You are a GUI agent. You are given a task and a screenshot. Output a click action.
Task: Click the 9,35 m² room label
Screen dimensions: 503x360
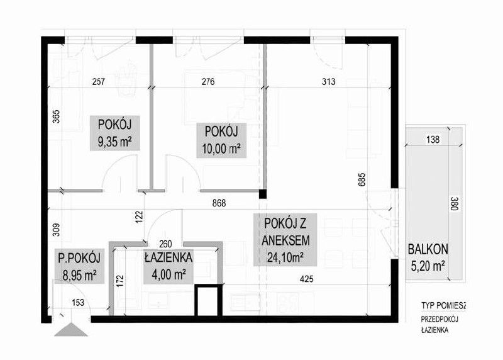(115, 133)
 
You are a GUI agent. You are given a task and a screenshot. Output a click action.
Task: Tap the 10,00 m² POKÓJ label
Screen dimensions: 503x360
(221, 140)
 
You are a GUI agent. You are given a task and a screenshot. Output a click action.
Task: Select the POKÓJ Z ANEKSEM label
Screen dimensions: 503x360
(285, 240)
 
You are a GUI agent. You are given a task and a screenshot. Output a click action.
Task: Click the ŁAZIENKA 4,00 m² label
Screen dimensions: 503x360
(169, 266)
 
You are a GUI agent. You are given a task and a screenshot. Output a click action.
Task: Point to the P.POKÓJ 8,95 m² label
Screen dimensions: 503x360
(79, 266)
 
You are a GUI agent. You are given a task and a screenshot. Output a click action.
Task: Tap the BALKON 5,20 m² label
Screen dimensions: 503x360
(428, 257)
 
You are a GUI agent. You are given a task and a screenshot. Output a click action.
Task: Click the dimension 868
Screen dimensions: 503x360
(219, 203)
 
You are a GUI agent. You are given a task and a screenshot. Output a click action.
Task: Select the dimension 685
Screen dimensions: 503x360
(362, 179)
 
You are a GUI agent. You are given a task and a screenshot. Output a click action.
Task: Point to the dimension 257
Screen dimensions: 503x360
(99, 82)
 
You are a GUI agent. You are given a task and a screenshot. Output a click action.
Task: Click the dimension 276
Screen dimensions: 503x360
(208, 82)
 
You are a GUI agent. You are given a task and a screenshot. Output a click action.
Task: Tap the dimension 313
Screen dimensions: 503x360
(328, 82)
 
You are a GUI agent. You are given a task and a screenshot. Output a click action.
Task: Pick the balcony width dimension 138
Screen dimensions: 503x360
(433, 140)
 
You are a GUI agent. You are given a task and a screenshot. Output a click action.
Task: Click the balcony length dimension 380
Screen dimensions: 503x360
(454, 204)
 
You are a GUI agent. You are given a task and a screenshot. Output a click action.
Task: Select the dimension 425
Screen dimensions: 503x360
(306, 279)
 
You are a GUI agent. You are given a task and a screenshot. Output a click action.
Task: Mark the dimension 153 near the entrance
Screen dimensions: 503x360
(78, 302)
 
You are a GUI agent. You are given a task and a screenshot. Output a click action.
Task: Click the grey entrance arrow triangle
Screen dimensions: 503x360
(71, 330)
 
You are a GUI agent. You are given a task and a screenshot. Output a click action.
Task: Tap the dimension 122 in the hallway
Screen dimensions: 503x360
(138, 217)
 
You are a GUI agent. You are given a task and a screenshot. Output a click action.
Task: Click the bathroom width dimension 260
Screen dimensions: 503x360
(165, 244)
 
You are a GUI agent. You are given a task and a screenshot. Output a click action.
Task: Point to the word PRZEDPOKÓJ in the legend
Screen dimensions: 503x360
(439, 319)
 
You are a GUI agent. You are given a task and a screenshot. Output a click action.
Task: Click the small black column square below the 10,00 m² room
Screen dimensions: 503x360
(263, 194)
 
